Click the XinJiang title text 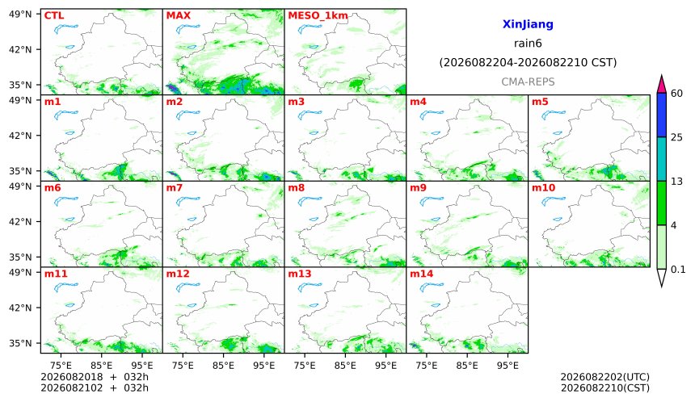click(x=528, y=24)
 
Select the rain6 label click(x=528, y=44)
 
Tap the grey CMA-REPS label click(x=528, y=82)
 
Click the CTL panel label click(x=54, y=15)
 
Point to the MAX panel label click(x=178, y=15)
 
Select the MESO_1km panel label click(x=318, y=16)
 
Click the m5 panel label click(x=540, y=102)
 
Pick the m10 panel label click(x=543, y=188)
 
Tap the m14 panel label click(x=421, y=274)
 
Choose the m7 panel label click(x=175, y=188)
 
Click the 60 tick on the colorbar click(x=676, y=94)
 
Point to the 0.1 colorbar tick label click(x=678, y=269)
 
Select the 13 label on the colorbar click(x=676, y=182)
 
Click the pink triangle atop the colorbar click(x=661, y=85)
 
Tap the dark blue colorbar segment click(x=661, y=115)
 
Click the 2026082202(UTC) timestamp click(x=605, y=377)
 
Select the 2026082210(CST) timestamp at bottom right click(x=605, y=388)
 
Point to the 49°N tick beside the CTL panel click(x=20, y=15)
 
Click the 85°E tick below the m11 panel click(x=102, y=366)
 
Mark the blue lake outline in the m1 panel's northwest click(x=66, y=115)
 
